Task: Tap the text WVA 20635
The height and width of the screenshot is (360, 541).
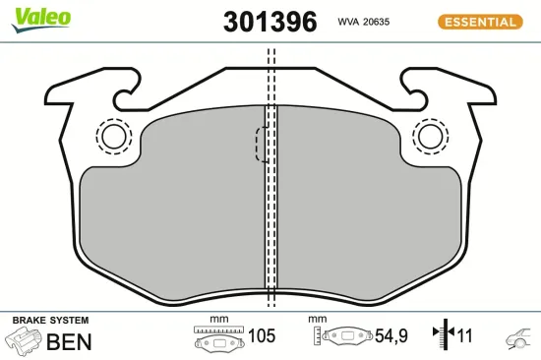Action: coord(365,21)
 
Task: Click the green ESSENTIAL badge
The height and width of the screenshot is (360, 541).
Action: coord(479,21)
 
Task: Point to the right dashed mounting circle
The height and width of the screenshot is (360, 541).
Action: coord(429,135)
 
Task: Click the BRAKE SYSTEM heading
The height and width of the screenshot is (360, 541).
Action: coord(49,321)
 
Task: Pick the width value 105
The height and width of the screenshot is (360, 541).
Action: coord(261,336)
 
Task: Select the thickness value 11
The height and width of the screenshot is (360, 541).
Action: coord(465,336)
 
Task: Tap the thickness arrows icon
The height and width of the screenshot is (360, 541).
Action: coord(443,336)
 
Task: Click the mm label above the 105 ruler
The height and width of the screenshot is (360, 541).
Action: coord(218,320)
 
